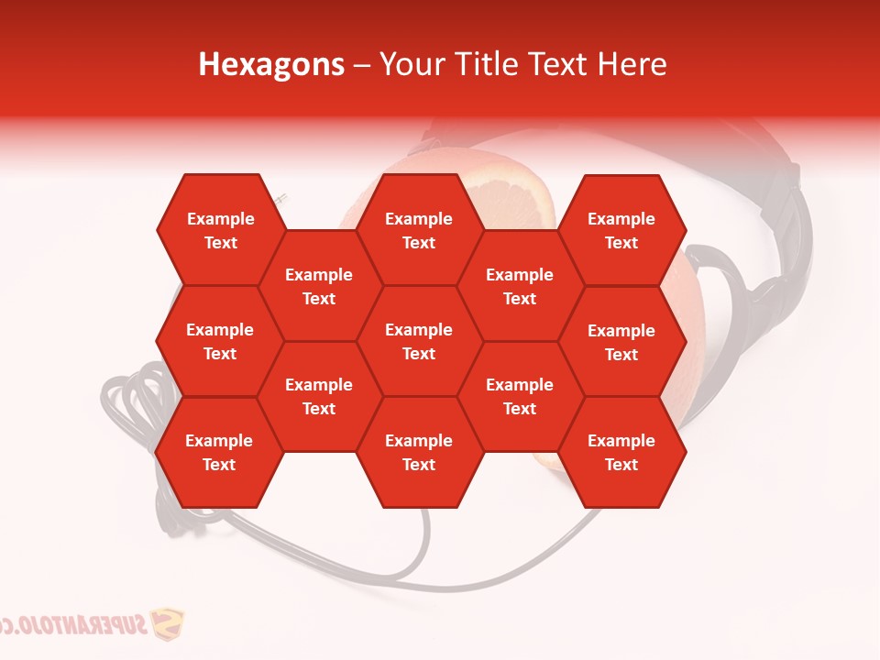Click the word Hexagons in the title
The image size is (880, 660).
tap(271, 64)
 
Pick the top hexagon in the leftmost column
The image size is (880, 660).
tap(220, 230)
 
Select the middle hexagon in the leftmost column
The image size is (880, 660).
tap(220, 341)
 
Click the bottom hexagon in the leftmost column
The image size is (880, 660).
tap(219, 452)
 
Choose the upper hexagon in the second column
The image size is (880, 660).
tap(319, 286)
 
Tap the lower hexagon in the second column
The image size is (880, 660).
tap(319, 396)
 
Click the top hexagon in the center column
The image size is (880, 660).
tap(419, 230)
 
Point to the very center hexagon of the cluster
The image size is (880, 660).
tap(419, 341)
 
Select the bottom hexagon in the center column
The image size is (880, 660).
tap(419, 452)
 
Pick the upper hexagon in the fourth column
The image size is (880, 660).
tap(520, 286)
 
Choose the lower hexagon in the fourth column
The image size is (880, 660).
tap(520, 396)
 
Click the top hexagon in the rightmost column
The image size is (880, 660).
tap(621, 230)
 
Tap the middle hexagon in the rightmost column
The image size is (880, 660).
tap(621, 342)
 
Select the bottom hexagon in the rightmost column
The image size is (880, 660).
tap(621, 452)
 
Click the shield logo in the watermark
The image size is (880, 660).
tap(166, 626)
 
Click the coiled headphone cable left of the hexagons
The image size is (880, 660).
tap(128, 412)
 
